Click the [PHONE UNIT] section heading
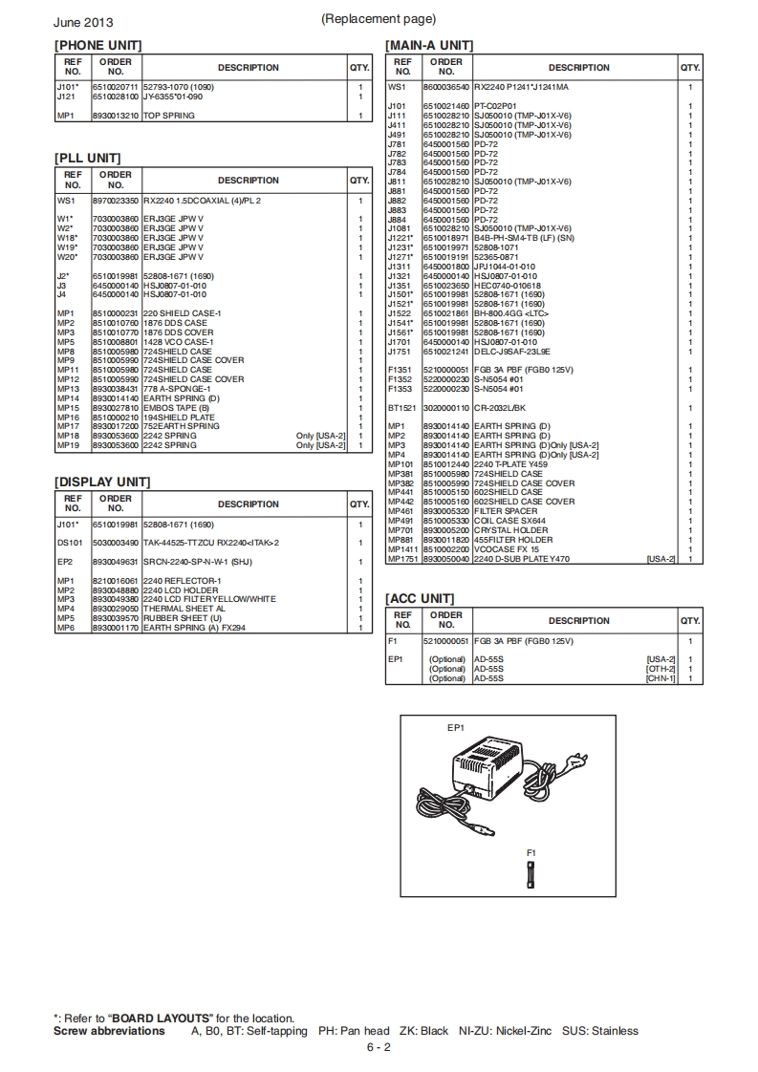point(97,45)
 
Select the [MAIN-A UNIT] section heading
point(428,45)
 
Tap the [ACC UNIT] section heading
point(419,598)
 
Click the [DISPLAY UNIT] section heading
point(102,482)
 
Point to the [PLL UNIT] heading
point(87,158)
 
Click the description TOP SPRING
point(169,116)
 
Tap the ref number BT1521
point(401,408)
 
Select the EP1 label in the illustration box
point(456,728)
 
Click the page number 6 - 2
point(379,1047)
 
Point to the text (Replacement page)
point(379,19)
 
